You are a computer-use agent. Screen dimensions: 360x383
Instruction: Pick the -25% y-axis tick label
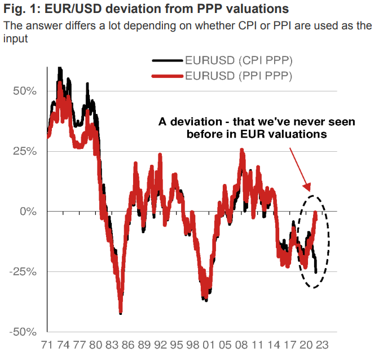23,271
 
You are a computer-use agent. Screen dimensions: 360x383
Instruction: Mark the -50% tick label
23,331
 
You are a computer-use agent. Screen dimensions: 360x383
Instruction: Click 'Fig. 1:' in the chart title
21,9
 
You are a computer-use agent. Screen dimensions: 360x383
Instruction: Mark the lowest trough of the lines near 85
120,313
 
